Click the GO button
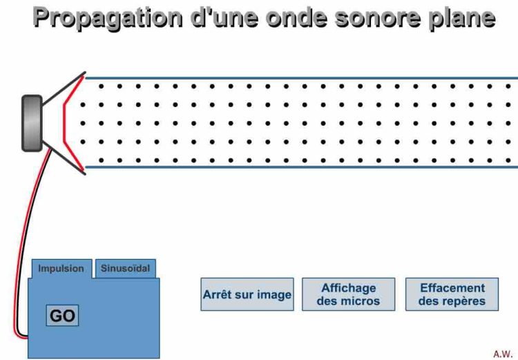62,316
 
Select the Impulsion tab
61,269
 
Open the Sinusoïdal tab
125,268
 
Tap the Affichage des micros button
348,294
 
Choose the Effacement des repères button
452,294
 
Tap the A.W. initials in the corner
502,353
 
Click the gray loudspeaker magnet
32,123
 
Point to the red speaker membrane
66,123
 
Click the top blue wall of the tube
300,78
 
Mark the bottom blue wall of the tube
300,167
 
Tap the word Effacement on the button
452,287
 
